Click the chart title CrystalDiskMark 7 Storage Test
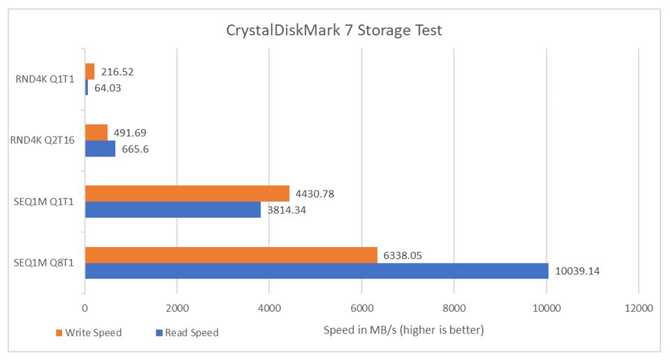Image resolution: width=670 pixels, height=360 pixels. tap(334, 31)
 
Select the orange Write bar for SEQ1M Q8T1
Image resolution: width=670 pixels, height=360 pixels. tap(231, 255)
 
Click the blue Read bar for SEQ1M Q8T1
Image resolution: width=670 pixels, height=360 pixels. tap(316, 271)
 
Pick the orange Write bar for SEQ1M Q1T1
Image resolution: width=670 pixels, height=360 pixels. tap(187, 193)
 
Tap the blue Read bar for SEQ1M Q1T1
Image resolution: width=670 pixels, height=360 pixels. tap(172, 209)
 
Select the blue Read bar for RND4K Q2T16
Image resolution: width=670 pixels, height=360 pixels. tap(100, 149)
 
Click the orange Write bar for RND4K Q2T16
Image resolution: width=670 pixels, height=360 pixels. tap(96, 133)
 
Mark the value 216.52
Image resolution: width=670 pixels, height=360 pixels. tap(117, 71)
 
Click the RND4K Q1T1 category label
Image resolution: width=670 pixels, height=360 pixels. tap(45, 79)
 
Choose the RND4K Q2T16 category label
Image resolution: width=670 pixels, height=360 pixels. tap(43, 140)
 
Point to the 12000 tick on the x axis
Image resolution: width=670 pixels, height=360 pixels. tap(639, 308)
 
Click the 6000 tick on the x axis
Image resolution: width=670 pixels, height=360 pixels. tap(362, 308)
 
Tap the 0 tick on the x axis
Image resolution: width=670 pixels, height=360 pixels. tap(84, 308)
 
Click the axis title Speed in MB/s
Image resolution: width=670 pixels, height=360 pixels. tap(403, 329)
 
